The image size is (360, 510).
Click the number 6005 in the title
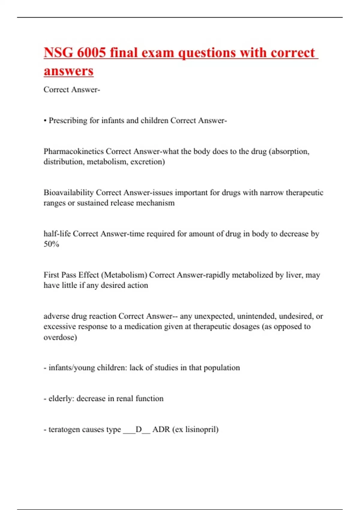(91, 52)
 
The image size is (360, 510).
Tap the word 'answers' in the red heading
(69, 71)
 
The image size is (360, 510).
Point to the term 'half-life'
(57, 234)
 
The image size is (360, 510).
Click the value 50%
(51, 244)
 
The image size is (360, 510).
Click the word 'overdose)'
(60, 337)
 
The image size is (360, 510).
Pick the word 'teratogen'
(64, 429)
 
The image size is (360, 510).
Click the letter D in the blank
(139, 429)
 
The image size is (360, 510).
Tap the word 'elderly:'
(61, 398)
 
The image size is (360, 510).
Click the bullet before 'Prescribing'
(45, 121)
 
